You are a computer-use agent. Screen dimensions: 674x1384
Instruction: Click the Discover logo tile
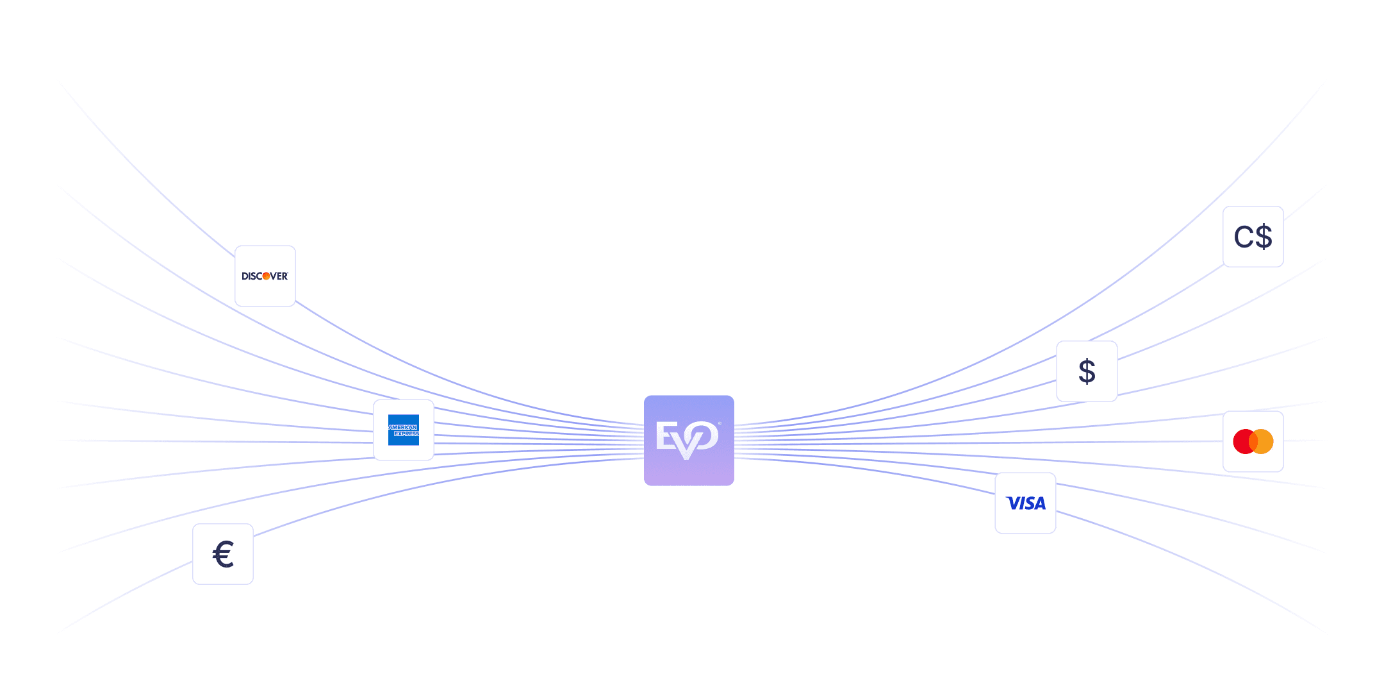click(265, 276)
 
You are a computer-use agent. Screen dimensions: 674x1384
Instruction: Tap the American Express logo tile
click(403, 430)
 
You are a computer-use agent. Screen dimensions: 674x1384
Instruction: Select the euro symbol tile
click(222, 554)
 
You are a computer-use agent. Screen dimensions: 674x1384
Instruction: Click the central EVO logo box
click(689, 440)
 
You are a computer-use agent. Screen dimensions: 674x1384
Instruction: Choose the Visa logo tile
click(1025, 503)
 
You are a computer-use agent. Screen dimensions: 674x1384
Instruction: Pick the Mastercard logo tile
click(1253, 441)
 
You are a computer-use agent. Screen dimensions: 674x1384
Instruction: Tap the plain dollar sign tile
click(1087, 371)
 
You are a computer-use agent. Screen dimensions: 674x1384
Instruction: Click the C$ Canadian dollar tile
click(1253, 237)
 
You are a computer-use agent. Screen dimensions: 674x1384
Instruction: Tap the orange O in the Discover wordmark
click(266, 276)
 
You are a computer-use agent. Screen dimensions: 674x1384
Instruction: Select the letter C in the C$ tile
click(1243, 237)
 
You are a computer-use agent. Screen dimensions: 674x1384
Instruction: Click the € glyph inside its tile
click(223, 554)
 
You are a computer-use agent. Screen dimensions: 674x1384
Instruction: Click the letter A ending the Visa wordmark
click(1040, 504)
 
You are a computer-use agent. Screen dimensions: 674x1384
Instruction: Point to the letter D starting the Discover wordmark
click(245, 276)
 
